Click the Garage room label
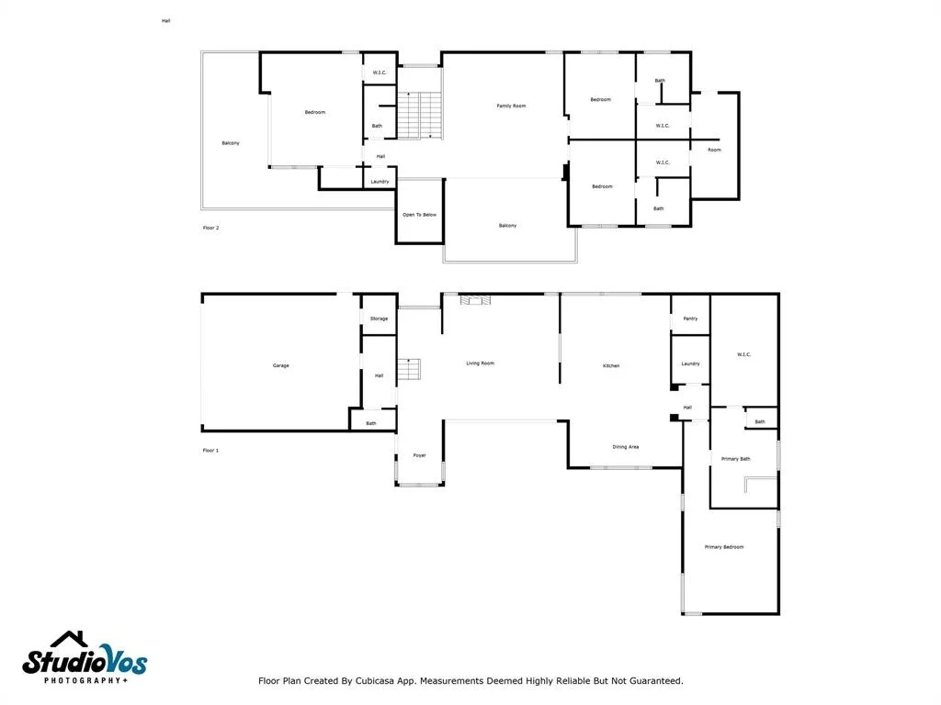pyautogui.click(x=281, y=365)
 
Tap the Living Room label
pyautogui.click(x=480, y=363)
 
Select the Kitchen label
pyautogui.click(x=611, y=365)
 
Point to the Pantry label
pyautogui.click(x=690, y=319)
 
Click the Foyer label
pyautogui.click(x=419, y=455)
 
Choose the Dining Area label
pyautogui.click(x=625, y=447)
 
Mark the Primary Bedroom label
pyautogui.click(x=724, y=547)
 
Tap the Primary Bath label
pyautogui.click(x=736, y=459)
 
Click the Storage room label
pyautogui.click(x=379, y=319)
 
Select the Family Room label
pyautogui.click(x=511, y=106)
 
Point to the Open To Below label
pyautogui.click(x=419, y=214)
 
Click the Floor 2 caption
pyautogui.click(x=210, y=228)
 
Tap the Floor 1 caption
pyautogui.click(x=210, y=450)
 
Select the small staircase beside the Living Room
pyautogui.click(x=409, y=369)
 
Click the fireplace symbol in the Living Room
pyautogui.click(x=475, y=300)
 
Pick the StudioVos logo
pyautogui.click(x=85, y=657)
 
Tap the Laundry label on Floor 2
pyautogui.click(x=380, y=181)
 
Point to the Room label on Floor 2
pyautogui.click(x=714, y=150)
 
